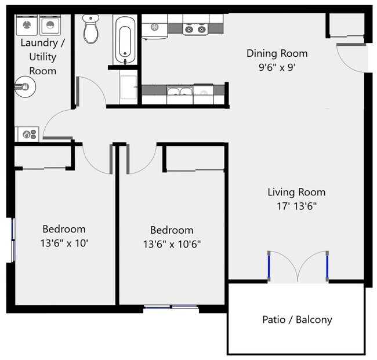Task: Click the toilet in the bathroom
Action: [x=91, y=30]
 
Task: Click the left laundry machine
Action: [x=26, y=25]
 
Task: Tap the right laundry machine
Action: [x=51, y=25]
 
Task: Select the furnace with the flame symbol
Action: [x=27, y=134]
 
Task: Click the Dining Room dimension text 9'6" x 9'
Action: [x=277, y=67]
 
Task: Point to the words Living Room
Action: [x=296, y=192]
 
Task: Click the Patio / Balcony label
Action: [x=297, y=319]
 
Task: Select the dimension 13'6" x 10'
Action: [x=64, y=243]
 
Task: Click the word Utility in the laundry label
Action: [x=43, y=57]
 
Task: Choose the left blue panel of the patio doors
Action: [x=269, y=266]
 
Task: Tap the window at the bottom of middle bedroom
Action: [x=171, y=307]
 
